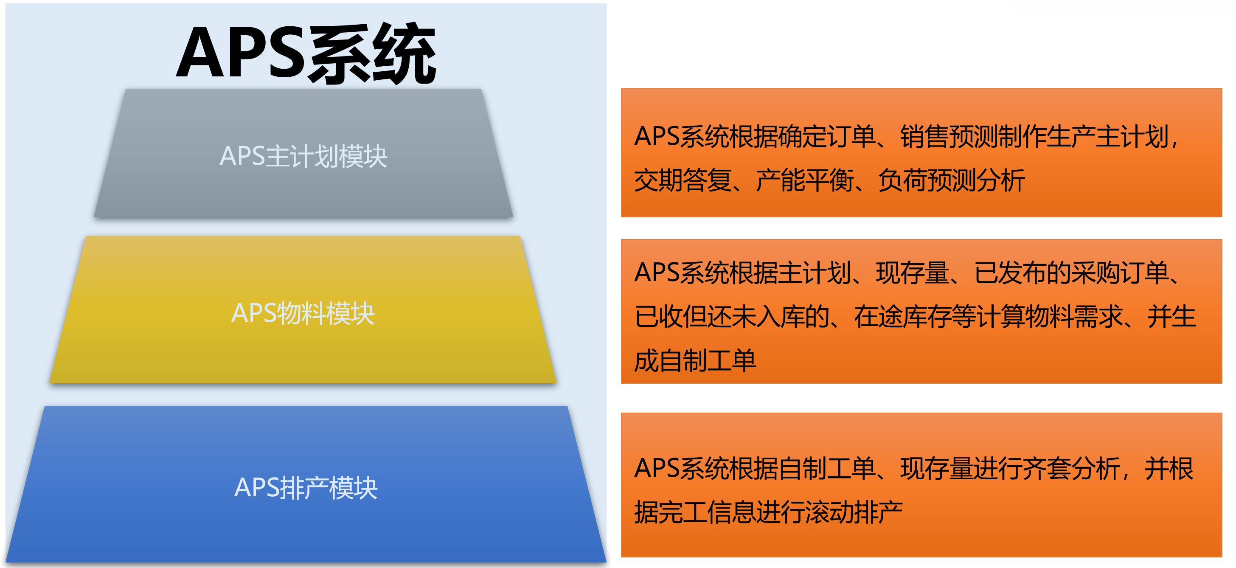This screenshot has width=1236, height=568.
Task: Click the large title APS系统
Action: click(x=306, y=53)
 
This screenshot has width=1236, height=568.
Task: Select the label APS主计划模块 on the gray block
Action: click(x=303, y=156)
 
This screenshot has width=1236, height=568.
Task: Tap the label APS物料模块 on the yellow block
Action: click(x=303, y=314)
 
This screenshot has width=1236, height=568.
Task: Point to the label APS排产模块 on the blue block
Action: click(x=306, y=488)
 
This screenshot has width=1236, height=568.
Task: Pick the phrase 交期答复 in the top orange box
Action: click(x=683, y=180)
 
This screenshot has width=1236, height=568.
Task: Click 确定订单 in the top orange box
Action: click(x=827, y=137)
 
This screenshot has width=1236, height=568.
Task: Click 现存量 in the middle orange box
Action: click(x=912, y=273)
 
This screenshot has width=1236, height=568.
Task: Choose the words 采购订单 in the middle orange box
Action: click(x=1121, y=273)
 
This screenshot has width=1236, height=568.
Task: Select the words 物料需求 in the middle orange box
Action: click(x=1074, y=317)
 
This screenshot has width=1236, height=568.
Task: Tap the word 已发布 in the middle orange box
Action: click(x=1010, y=273)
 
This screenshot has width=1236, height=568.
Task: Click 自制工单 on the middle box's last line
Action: click(x=707, y=361)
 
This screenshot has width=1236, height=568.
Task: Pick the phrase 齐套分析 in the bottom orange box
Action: click(x=1071, y=469)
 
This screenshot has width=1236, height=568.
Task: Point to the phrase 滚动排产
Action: click(x=854, y=512)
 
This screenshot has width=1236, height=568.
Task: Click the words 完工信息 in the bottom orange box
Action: click(x=707, y=512)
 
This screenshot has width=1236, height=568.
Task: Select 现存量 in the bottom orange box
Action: click(x=937, y=469)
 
